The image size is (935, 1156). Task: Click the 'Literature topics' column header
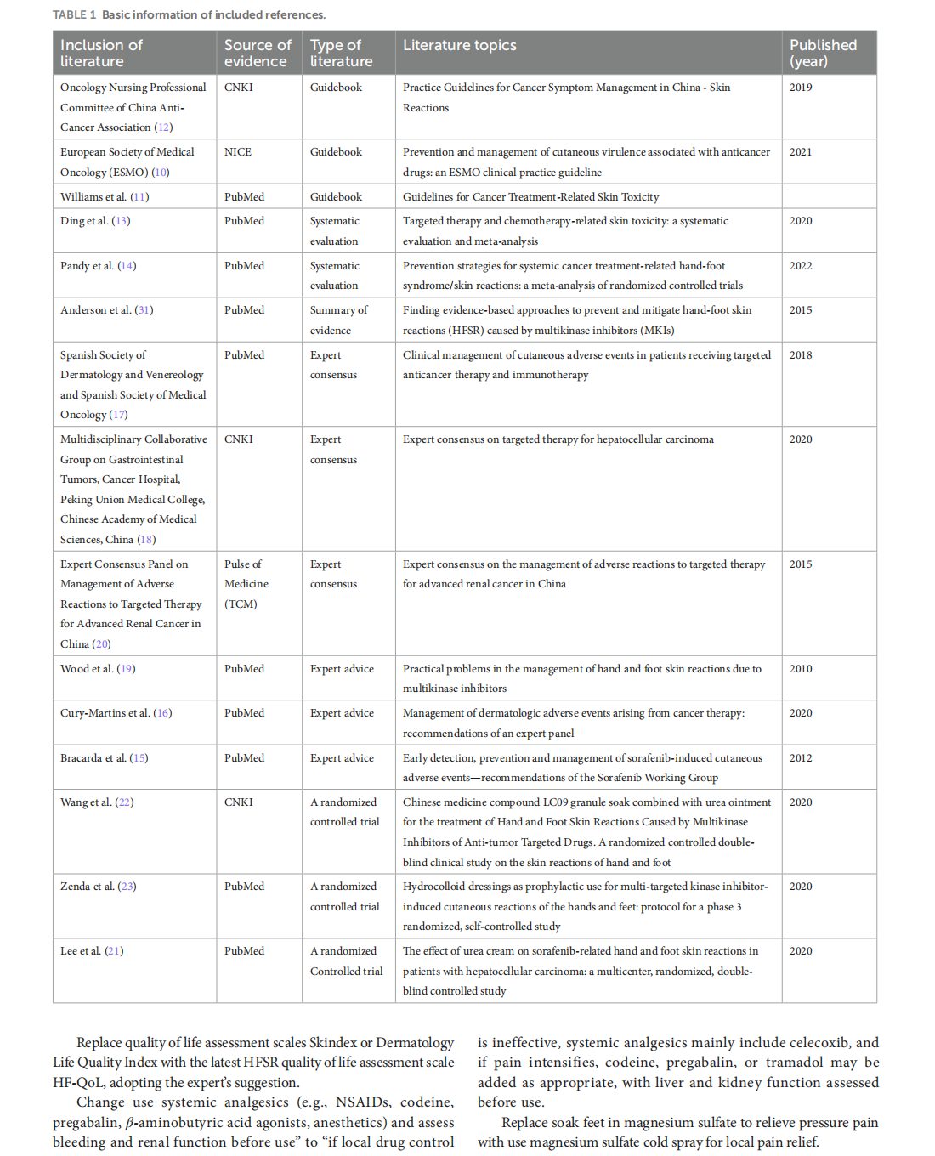tap(459, 45)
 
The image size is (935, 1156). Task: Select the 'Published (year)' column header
tap(823, 53)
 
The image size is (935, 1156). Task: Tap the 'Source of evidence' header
tap(257, 53)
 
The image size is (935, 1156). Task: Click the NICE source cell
tap(238, 152)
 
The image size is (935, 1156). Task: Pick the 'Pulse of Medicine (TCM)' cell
tap(246, 584)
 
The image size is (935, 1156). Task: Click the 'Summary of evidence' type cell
tap(338, 320)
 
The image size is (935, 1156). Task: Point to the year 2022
tap(801, 266)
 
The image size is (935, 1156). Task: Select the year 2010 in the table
tap(801, 669)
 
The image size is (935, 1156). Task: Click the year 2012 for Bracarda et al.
tap(801, 758)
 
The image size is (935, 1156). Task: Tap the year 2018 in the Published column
tap(801, 355)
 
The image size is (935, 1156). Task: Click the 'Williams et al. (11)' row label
tap(105, 197)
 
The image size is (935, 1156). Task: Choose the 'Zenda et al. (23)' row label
tap(98, 887)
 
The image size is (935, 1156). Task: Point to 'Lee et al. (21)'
tap(92, 951)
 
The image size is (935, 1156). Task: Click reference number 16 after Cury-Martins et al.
tap(162, 713)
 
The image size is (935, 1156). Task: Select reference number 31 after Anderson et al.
tap(144, 310)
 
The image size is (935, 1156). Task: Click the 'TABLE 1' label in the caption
tap(75, 14)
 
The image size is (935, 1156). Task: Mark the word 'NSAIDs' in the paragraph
tap(362, 1102)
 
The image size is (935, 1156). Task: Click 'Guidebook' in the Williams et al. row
tap(336, 197)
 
